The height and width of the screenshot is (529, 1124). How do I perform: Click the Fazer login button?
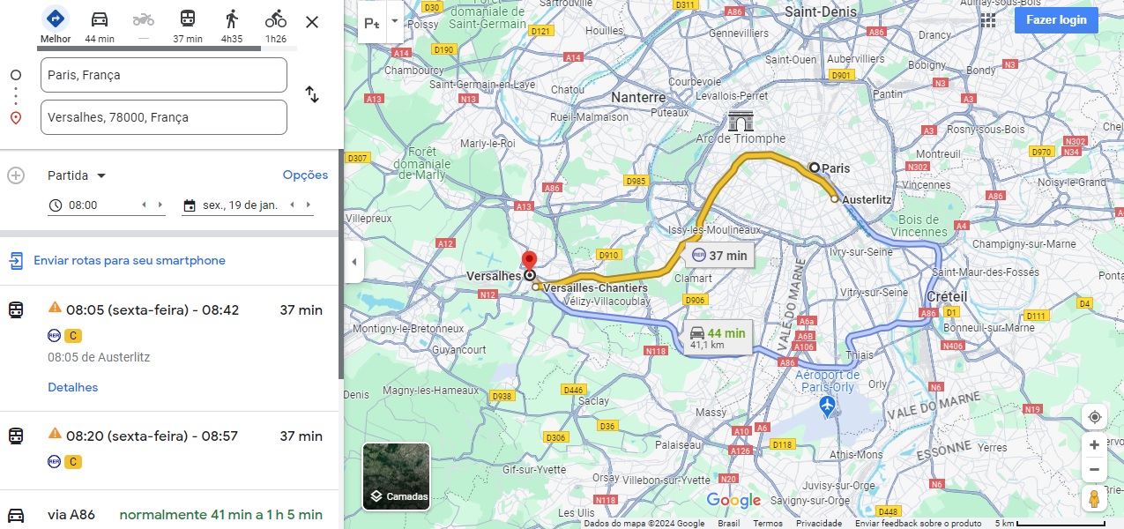(1055, 19)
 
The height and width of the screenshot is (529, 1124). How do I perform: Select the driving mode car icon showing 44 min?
(100, 19)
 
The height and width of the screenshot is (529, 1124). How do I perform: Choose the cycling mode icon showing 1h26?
(276, 19)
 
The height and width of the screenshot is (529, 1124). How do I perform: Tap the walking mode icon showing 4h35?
(232, 19)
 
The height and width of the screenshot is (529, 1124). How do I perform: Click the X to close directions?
(312, 22)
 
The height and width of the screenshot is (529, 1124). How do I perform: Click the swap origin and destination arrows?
(312, 94)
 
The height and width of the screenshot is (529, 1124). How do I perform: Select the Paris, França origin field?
(164, 75)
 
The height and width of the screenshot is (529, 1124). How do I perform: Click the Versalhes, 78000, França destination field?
(164, 117)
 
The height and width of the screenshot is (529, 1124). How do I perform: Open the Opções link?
(305, 175)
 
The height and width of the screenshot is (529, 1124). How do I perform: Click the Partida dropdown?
(77, 175)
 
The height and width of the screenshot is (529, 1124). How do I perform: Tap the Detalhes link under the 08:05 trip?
(72, 387)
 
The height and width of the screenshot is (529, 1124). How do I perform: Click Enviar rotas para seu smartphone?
(129, 260)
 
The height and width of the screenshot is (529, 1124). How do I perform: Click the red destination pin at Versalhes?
(529, 261)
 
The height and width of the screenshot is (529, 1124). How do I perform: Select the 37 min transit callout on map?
(720, 256)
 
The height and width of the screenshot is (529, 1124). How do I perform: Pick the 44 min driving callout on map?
(718, 338)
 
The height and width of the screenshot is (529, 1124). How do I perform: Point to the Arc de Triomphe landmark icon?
(740, 121)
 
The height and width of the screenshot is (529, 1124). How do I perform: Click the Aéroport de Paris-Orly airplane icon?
(826, 406)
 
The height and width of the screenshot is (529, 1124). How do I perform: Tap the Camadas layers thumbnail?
(396, 476)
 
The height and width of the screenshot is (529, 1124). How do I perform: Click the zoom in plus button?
(1094, 445)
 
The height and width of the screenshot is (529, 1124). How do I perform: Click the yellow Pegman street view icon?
(1094, 499)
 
